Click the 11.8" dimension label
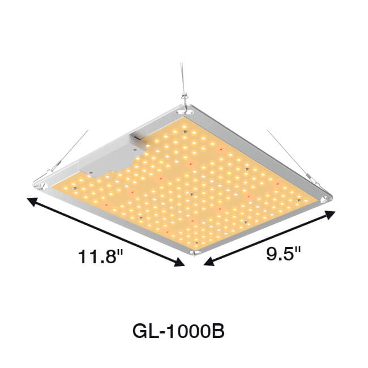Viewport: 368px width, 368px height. pyautogui.click(x=100, y=256)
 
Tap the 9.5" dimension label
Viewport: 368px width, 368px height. pyautogui.click(x=284, y=254)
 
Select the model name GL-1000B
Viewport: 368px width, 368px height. pyautogui.click(x=178, y=331)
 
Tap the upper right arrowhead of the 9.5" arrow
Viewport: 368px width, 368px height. pyautogui.click(x=330, y=215)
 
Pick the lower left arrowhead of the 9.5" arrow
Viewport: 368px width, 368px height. pyautogui.click(x=209, y=262)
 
